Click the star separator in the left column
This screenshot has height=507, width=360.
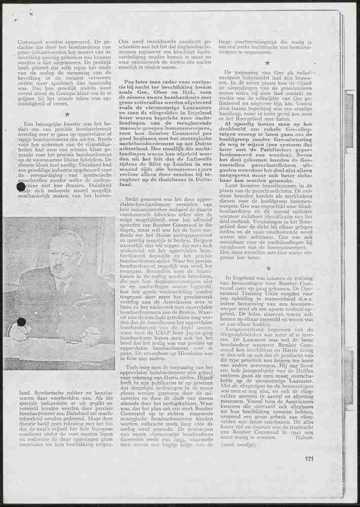tap(66, 115)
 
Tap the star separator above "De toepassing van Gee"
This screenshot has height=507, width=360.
tap(267, 63)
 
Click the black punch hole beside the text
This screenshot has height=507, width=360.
tap(21, 188)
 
